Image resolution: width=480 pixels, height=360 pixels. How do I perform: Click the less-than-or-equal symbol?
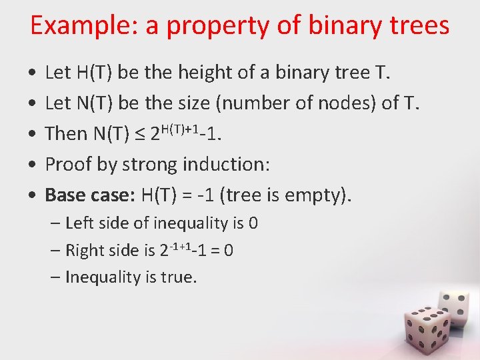(139, 134)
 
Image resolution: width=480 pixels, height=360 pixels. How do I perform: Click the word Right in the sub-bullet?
(85, 251)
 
